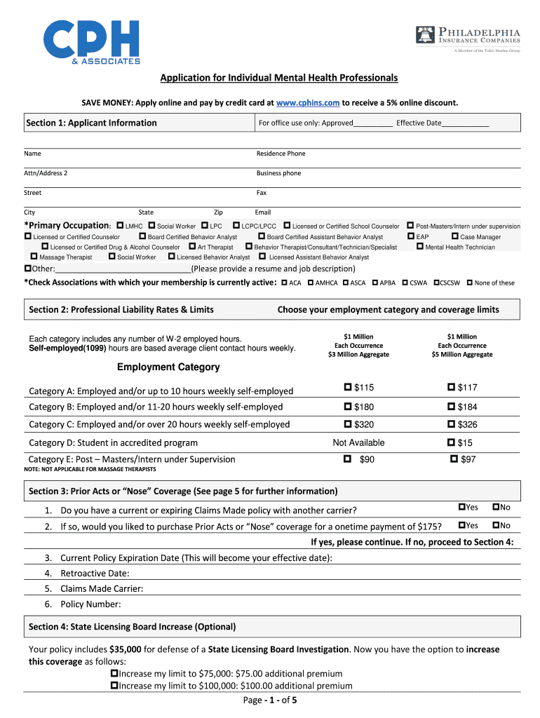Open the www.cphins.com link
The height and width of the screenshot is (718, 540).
(x=308, y=103)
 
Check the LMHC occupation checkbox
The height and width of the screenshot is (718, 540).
(x=120, y=226)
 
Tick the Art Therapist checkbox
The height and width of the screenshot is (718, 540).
(x=192, y=247)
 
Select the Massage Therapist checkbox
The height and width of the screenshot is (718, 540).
(x=34, y=257)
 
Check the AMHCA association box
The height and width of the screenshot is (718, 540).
(x=310, y=283)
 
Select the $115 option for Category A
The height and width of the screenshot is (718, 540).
(x=348, y=388)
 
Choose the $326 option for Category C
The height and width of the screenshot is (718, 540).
(x=452, y=424)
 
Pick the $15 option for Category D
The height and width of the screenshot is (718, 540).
(x=452, y=442)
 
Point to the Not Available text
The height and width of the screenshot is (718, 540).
(x=358, y=442)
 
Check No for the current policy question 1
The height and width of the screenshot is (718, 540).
(x=496, y=507)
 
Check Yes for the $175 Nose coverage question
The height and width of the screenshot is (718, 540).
(x=461, y=525)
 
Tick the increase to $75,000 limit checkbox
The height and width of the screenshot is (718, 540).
(x=115, y=673)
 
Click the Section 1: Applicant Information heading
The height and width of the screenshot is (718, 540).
(x=91, y=123)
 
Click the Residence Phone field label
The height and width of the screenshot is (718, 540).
(x=281, y=154)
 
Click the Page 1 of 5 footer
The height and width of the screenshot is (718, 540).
(x=270, y=700)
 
